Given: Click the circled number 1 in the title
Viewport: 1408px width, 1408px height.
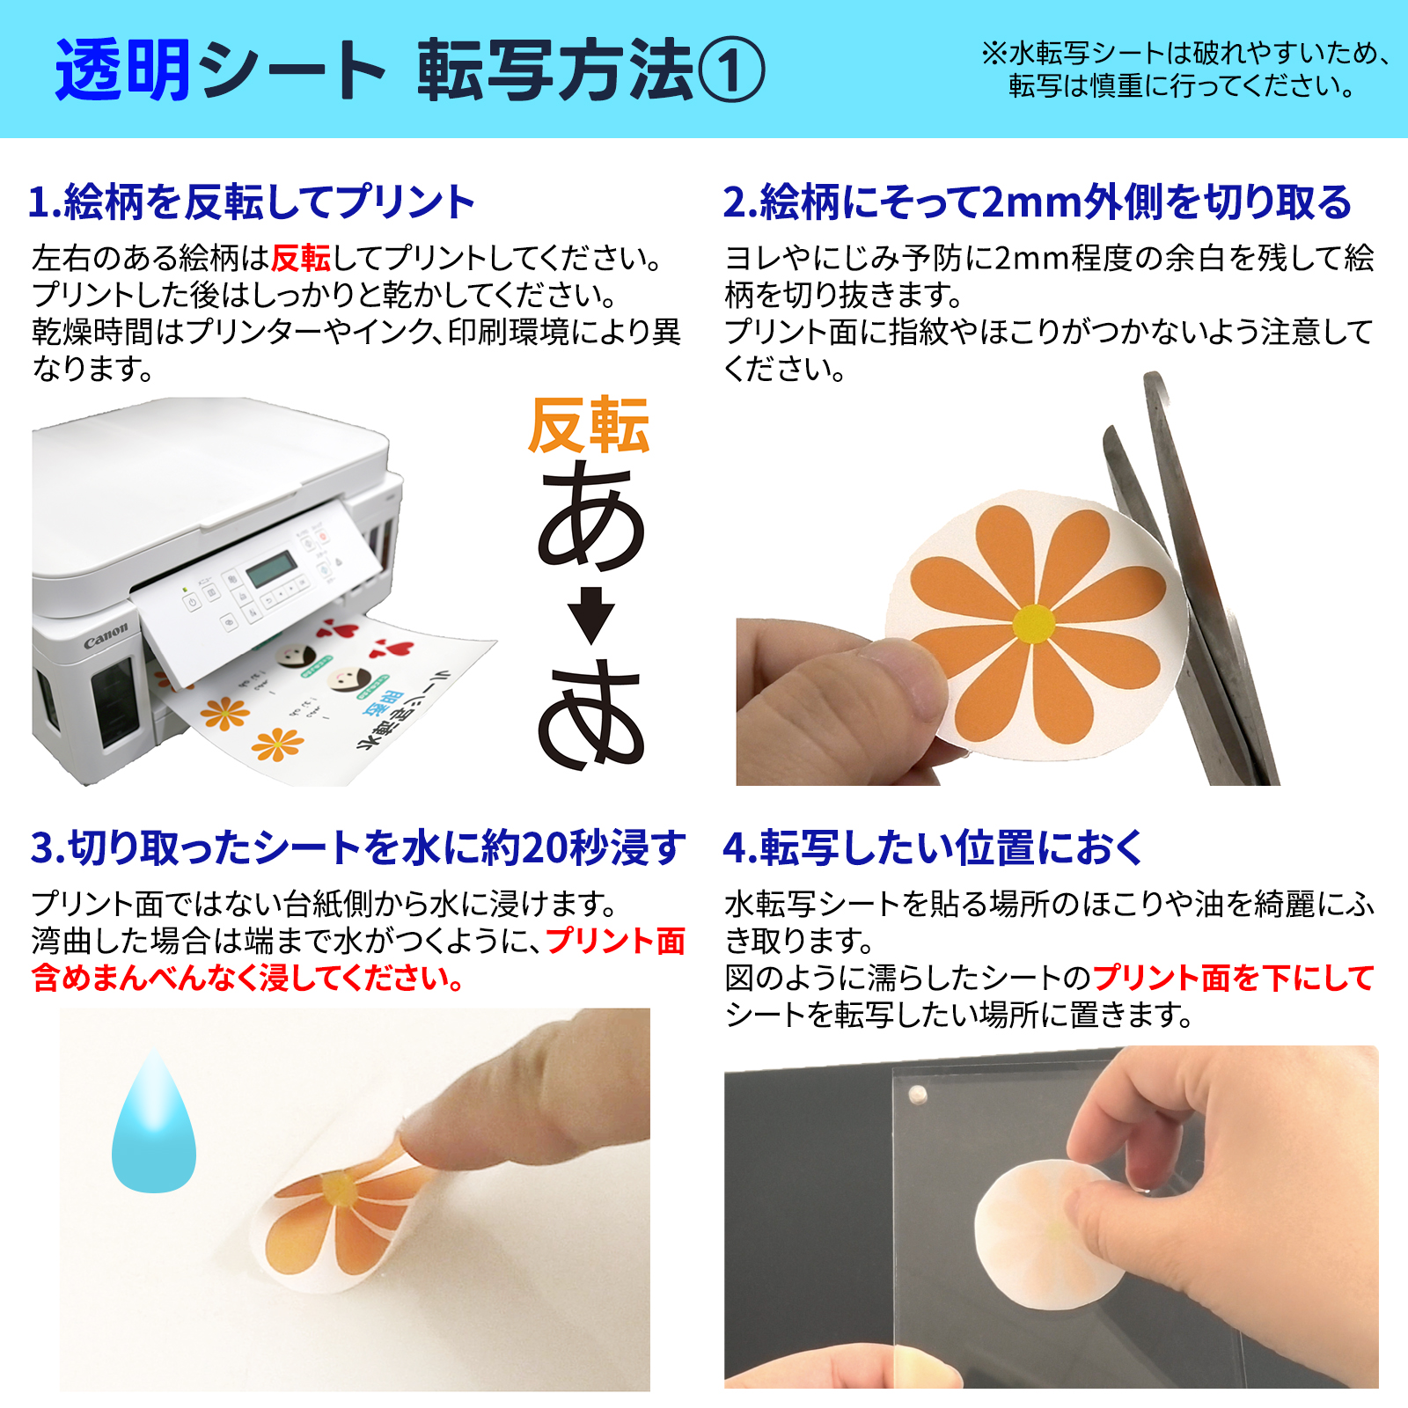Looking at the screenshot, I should [x=730, y=70].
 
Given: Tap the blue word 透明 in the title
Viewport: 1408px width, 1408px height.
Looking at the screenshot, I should [x=122, y=70].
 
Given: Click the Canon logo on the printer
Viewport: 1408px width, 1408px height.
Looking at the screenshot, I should [x=106, y=635].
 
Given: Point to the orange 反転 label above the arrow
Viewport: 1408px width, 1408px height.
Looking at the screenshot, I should [x=588, y=426].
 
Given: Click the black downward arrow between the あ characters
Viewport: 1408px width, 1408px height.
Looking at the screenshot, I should [x=590, y=614].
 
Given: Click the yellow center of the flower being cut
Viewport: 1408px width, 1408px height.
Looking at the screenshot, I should [x=1033, y=624].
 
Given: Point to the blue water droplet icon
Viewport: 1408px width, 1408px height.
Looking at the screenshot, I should [x=154, y=1122].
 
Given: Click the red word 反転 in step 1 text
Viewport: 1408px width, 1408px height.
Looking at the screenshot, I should [x=300, y=258].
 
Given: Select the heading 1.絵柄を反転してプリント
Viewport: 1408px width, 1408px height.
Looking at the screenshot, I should [x=252, y=202].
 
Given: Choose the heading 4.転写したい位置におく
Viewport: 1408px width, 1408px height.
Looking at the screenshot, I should [x=933, y=847].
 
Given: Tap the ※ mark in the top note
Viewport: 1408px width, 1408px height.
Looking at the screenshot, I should [x=994, y=54].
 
